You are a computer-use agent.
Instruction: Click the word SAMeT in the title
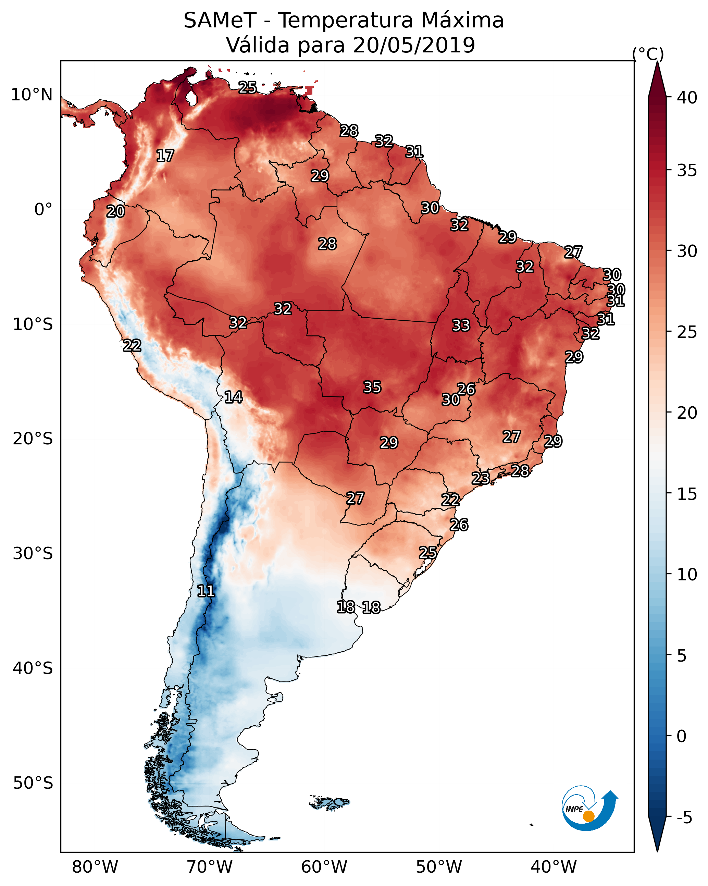[220, 21]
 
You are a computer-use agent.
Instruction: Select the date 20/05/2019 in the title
[413, 45]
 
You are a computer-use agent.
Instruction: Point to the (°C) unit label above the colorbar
[648, 54]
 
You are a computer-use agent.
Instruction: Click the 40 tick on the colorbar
[687, 98]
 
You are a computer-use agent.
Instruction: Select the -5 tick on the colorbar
[684, 818]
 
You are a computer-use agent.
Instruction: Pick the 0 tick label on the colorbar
[681, 736]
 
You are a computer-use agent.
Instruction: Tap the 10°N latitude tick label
[32, 95]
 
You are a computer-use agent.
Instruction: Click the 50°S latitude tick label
[33, 783]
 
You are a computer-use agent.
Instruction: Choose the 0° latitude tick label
[43, 210]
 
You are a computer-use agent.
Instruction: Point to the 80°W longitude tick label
[95, 867]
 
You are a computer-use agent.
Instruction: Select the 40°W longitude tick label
[554, 867]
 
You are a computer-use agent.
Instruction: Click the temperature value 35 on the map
[372, 387]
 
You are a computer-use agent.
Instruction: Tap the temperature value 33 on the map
[461, 325]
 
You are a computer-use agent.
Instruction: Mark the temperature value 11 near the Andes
[206, 591]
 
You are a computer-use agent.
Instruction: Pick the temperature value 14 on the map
[233, 397]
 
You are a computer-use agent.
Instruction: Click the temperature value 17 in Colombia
[165, 156]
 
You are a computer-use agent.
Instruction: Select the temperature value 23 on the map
[480, 478]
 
